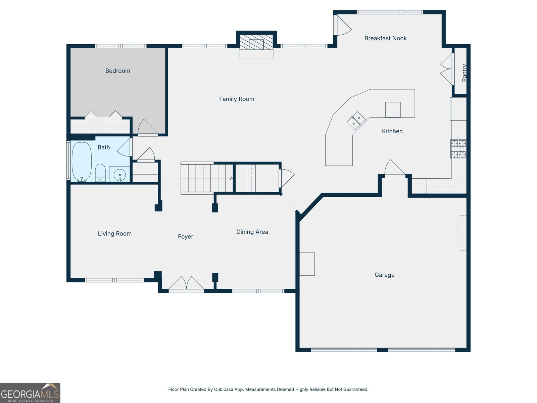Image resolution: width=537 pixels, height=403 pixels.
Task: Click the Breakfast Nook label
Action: pos(385,38)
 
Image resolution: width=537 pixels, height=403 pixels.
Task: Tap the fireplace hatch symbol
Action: pos(256,42)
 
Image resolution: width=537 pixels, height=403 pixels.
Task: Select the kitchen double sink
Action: pos(356,121)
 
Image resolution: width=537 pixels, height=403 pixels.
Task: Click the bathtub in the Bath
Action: pos(82,162)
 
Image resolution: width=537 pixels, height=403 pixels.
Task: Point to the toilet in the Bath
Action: pos(100,173)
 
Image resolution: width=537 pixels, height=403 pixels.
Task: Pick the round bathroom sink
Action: pos(119,175)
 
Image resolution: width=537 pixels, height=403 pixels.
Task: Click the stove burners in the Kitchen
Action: pos(458,149)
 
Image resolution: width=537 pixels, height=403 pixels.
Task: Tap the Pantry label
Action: pos(464,73)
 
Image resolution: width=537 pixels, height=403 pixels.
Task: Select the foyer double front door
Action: pos(186,284)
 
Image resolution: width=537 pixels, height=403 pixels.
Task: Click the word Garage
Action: pos(384,275)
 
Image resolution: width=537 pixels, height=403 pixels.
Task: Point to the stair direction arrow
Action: pos(231,178)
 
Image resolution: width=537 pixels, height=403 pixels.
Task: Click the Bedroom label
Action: pos(117,71)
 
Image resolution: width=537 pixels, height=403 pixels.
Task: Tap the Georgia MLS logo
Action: pos(30,393)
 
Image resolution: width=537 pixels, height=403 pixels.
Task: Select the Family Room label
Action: pos(237,99)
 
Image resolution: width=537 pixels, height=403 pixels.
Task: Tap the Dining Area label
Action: pos(252,232)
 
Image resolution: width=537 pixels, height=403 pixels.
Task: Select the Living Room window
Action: pos(114,280)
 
